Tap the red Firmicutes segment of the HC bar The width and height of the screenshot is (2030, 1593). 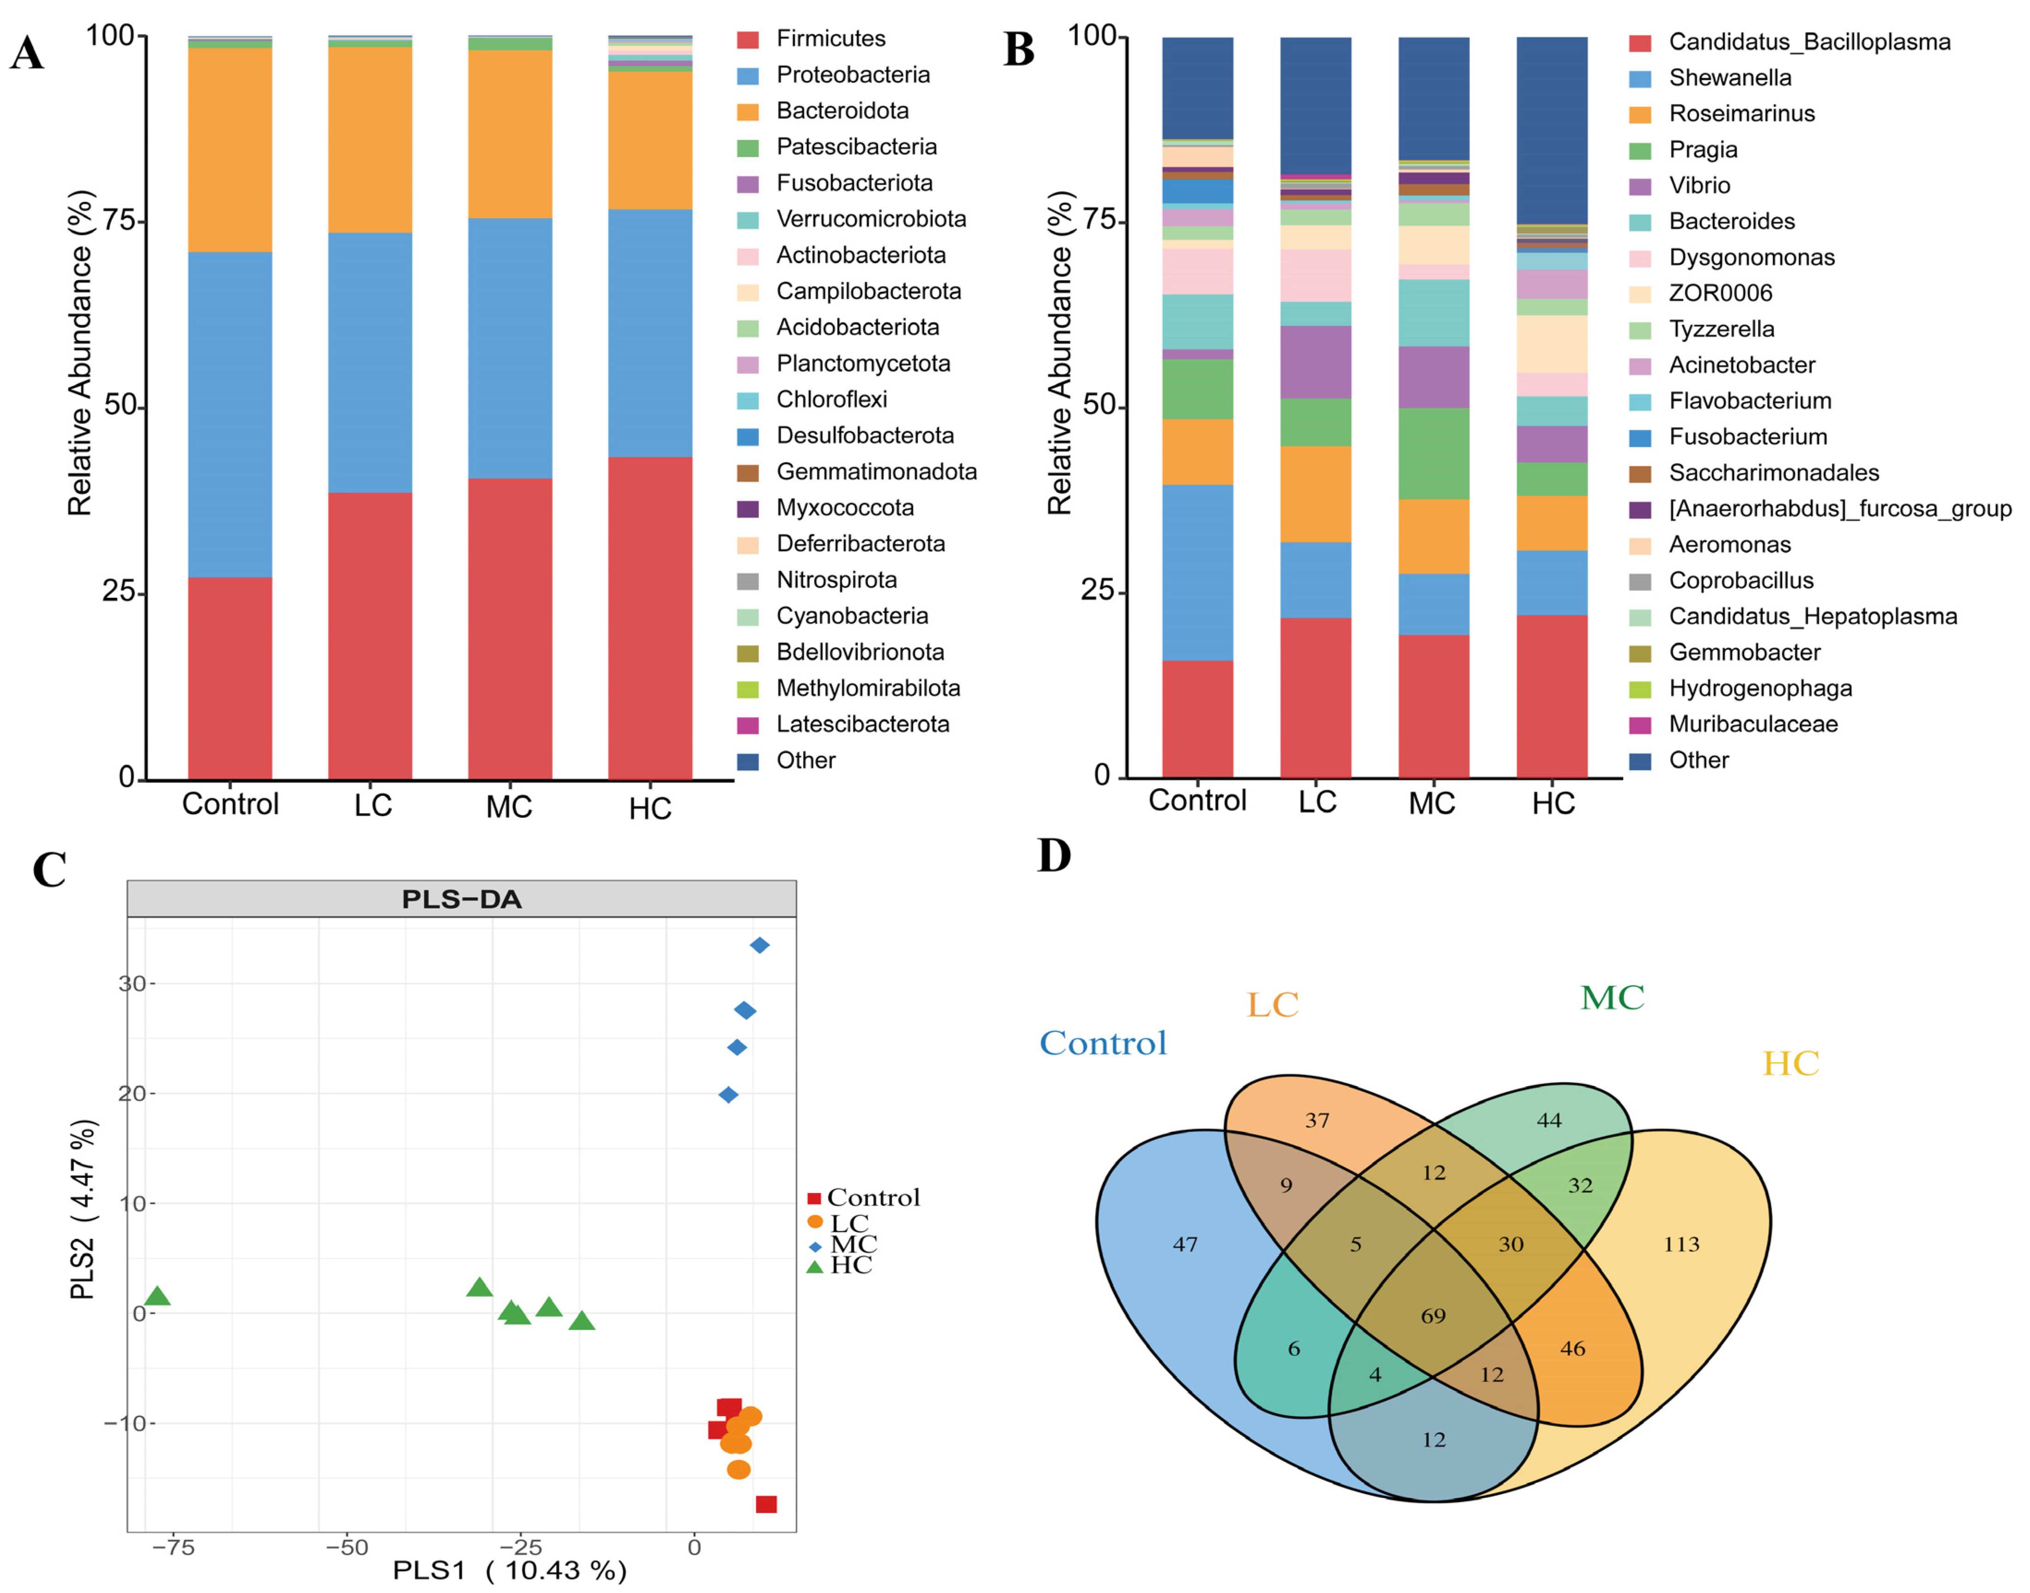pos(650,616)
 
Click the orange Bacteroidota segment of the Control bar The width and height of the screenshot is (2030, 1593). pos(229,149)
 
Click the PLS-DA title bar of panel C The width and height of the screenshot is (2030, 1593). pos(462,899)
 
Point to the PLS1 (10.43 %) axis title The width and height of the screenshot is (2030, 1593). pos(509,1571)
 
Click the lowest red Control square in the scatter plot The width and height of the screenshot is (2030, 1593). pos(765,1504)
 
